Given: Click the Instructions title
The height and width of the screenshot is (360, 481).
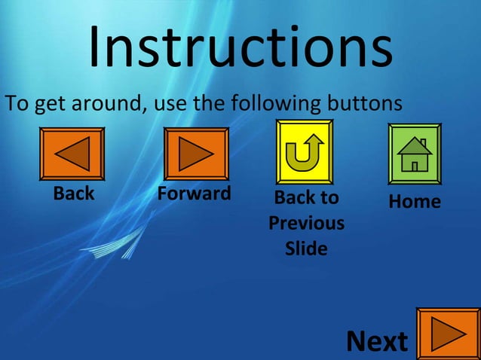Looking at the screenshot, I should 240,47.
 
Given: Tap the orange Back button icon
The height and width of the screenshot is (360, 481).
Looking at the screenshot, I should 72,154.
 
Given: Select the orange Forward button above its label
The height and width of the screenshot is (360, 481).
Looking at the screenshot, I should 196,154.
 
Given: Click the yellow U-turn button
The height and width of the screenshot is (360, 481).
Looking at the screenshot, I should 305,151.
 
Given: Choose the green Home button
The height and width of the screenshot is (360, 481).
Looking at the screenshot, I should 415,154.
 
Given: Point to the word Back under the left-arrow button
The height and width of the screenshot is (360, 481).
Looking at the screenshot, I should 74,194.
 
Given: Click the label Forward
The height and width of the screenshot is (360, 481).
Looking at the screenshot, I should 194,194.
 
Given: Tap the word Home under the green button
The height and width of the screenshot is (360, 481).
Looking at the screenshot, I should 415,201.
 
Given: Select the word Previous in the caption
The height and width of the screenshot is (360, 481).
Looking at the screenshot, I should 306,224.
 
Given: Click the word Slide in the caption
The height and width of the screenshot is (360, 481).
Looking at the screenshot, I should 306,249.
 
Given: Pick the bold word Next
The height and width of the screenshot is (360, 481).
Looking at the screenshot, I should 376,341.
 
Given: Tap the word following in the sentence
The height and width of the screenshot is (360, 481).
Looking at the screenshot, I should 275,102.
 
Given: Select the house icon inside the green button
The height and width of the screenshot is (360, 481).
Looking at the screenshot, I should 415,154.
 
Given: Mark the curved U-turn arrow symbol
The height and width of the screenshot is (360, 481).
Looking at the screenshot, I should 305,151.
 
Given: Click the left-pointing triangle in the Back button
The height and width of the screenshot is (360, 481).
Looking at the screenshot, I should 74,154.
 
